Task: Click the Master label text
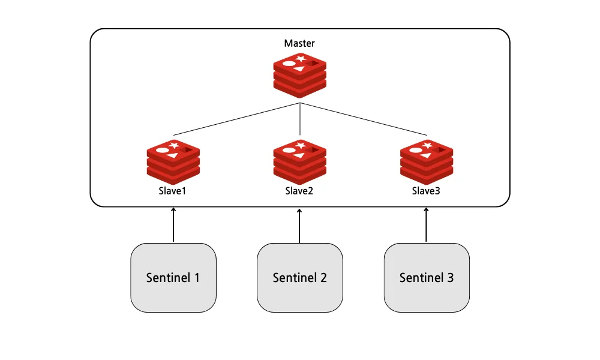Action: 299,44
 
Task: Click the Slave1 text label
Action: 173,191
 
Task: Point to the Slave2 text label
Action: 299,191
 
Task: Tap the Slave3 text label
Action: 426,191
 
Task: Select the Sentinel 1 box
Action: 173,277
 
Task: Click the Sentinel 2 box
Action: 299,277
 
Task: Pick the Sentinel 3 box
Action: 426,277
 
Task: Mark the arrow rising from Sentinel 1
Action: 173,226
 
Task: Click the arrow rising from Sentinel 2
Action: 299,226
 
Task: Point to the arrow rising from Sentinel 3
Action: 426,226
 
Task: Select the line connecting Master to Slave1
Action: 236,119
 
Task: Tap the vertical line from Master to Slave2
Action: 299,120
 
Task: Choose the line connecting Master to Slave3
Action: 363,119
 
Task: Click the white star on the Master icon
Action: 301,59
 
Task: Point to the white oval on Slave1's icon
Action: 162,149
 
